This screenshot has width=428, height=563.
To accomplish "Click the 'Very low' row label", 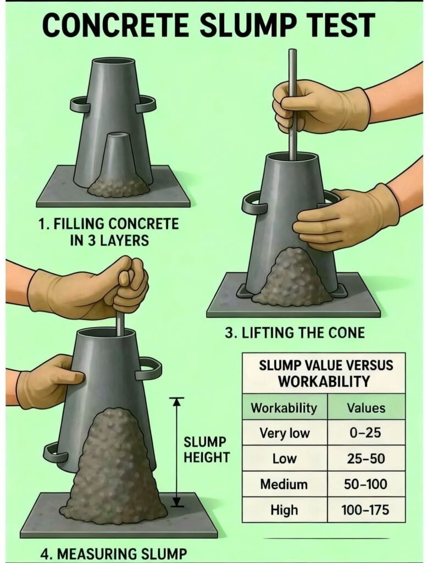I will [284, 433].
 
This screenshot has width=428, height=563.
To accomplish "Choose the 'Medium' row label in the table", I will [284, 484].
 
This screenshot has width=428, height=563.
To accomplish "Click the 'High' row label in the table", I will [284, 510].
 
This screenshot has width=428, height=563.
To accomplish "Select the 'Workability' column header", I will [284, 408].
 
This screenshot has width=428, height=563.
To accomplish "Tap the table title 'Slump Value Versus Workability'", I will [324, 373].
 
